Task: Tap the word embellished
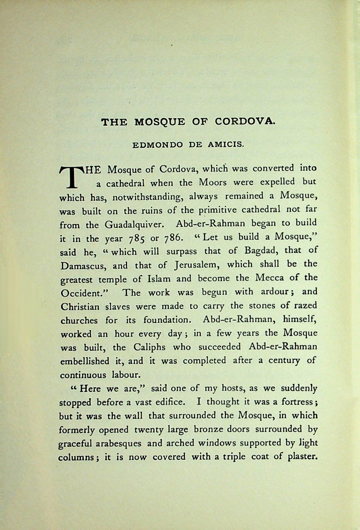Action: pos(84,361)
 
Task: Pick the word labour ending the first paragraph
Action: pos(126,375)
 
